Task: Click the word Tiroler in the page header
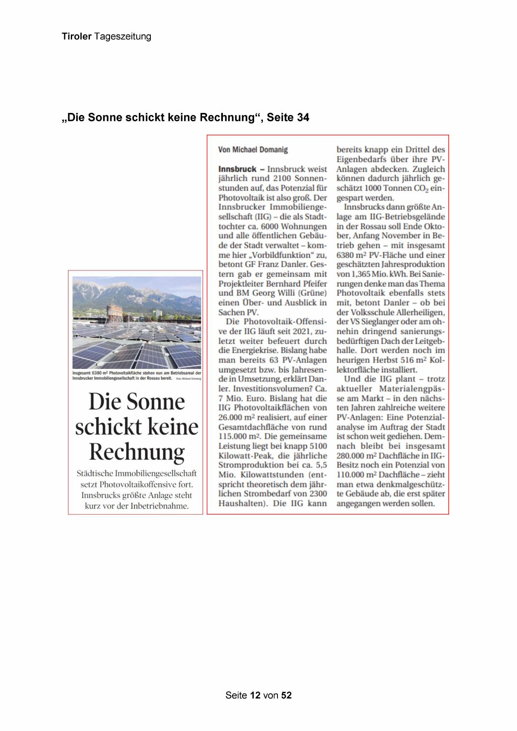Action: pos(77,36)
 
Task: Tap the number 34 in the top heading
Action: pos(303,118)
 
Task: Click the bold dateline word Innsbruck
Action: pos(237,169)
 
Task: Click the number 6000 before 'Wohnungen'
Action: pos(270,226)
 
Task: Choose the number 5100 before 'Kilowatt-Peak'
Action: pos(318,446)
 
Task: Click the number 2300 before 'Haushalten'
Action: pos(318,493)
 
